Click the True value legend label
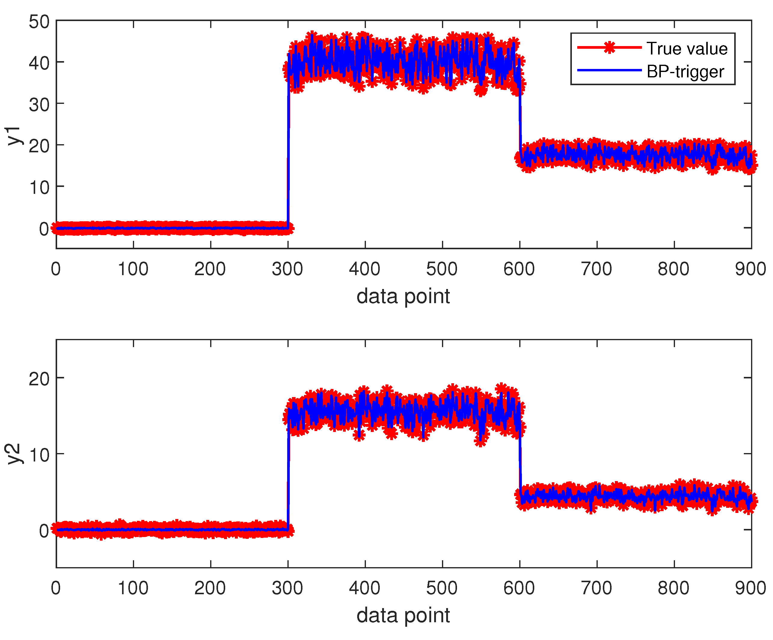click(x=687, y=49)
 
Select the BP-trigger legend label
click(x=686, y=71)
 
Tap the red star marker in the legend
click(x=609, y=48)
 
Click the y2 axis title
click(x=14, y=454)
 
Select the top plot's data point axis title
click(x=403, y=297)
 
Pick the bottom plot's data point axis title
click(x=403, y=615)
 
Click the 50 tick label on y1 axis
click(x=39, y=22)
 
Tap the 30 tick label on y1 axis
click(x=39, y=105)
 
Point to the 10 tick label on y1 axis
click(x=39, y=188)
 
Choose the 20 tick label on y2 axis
click(x=39, y=379)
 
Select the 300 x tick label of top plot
click(x=287, y=269)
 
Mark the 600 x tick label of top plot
click(x=519, y=269)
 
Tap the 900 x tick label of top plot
click(x=750, y=269)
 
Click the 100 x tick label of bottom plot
click(x=133, y=588)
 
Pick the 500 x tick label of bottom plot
click(x=442, y=588)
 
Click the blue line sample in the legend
click(x=609, y=70)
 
